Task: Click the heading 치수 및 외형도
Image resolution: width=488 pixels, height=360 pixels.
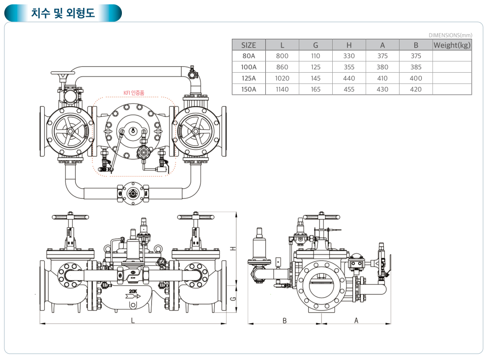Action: [x=62, y=13]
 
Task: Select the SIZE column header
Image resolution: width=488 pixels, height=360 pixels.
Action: [x=249, y=45]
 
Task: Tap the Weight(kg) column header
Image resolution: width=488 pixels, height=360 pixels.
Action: [x=452, y=45]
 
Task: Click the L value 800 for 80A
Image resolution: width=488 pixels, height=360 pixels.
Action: [x=282, y=56]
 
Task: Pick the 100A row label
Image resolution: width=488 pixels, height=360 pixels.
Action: [x=249, y=67]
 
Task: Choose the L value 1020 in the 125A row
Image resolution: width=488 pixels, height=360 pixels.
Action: [x=282, y=79]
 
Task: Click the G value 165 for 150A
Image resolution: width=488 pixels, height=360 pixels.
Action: [x=316, y=89]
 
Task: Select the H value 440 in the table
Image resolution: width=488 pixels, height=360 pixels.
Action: [x=349, y=79]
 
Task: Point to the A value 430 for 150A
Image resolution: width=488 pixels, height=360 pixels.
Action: [x=382, y=89]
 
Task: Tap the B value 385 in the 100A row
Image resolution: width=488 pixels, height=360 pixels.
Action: [x=416, y=67]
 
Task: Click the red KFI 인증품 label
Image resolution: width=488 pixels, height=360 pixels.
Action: [x=134, y=92]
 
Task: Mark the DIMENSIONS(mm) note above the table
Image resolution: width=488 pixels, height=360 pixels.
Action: [x=450, y=35]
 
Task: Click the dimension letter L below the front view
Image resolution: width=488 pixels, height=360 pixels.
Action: [x=133, y=320]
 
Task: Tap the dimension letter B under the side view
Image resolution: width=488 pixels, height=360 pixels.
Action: [x=285, y=320]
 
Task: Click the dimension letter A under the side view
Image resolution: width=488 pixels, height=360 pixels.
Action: [x=356, y=320]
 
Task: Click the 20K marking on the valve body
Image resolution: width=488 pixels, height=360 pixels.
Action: [x=133, y=291]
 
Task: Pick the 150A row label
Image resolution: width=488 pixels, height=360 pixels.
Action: [x=249, y=89]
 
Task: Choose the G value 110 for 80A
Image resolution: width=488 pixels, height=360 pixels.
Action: [x=316, y=56]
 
